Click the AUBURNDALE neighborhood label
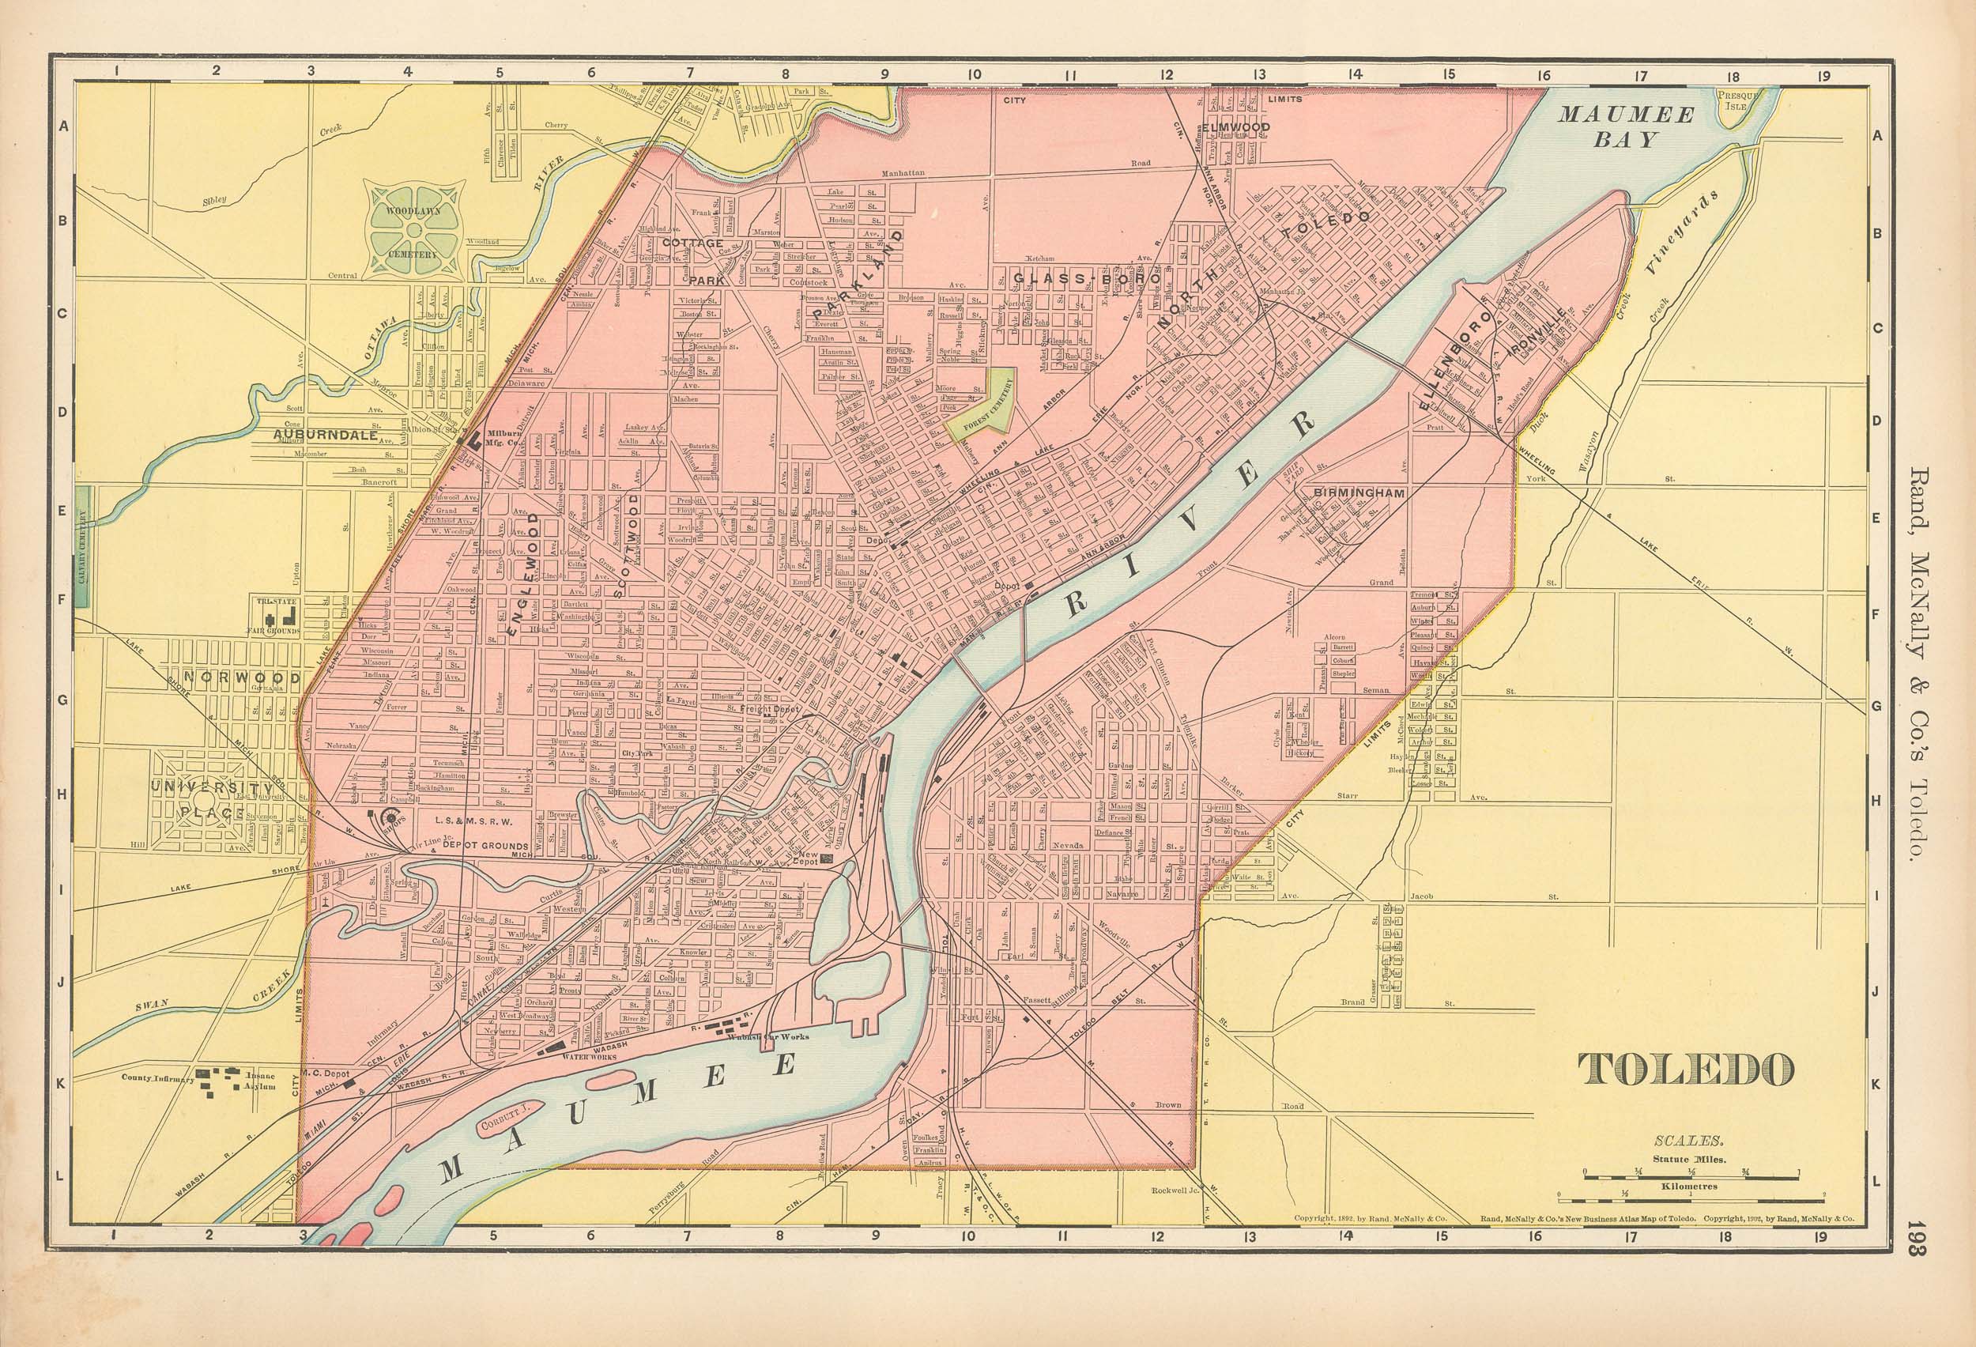[326, 435]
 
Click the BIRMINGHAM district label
[1356, 493]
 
